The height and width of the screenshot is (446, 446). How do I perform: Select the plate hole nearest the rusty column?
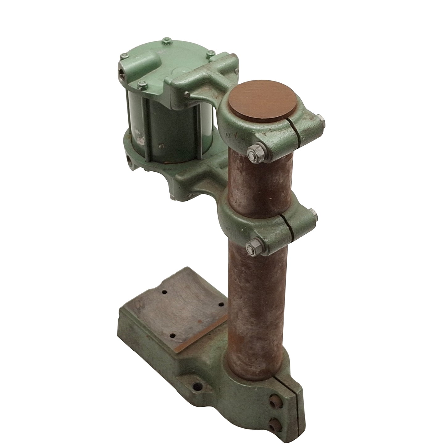pos(221,305)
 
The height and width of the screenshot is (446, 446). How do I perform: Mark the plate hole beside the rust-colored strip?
pos(173,336)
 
